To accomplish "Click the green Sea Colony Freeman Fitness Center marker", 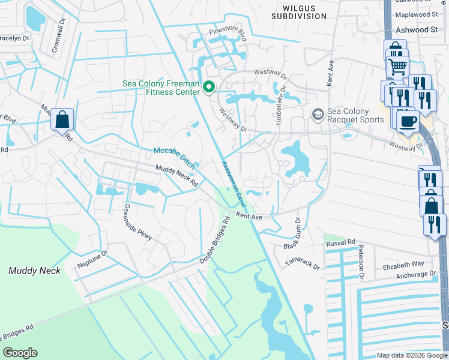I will [209, 88].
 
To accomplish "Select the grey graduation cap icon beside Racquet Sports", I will [318, 114].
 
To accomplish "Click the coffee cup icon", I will [409, 121].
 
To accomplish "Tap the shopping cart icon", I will [397, 67].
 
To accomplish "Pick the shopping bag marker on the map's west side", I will [62, 119].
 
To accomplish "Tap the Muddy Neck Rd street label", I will [176, 176].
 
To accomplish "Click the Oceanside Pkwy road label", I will [138, 223].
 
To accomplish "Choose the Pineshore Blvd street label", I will [228, 34].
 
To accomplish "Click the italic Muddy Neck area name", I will [35, 271].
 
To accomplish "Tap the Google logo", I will [20, 353].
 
